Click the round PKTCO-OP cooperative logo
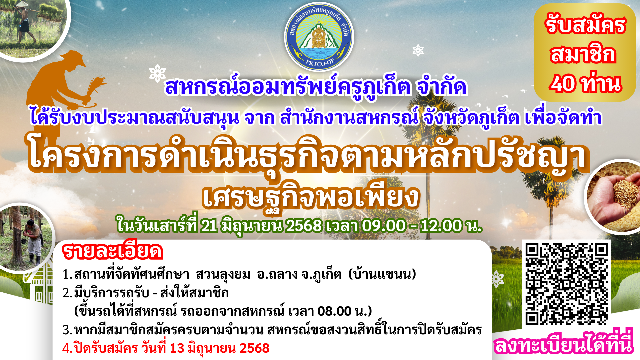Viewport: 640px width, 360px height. coord(319,37)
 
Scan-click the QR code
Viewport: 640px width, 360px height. coord(566,284)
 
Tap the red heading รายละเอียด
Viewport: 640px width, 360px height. coord(112,252)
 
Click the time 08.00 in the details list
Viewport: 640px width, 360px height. coord(334,311)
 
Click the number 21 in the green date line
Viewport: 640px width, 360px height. coord(209,226)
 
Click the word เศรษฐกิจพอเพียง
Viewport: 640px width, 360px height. coord(311,197)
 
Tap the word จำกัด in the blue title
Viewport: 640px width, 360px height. coord(441,87)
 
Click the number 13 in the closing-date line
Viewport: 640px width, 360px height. coord(177,348)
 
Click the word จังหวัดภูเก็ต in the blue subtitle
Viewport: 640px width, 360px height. coord(470,118)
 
